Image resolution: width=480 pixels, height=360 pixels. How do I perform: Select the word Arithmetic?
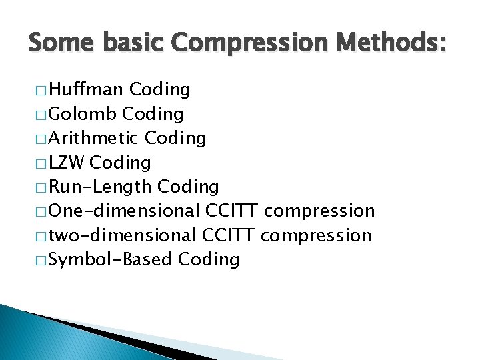click(94, 138)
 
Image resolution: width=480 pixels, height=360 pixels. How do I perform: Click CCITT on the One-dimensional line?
click(233, 211)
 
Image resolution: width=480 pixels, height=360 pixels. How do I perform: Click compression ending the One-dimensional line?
click(319, 211)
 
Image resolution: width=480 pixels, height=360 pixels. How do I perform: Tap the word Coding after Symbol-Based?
click(209, 259)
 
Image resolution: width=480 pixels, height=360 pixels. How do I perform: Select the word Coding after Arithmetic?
click(175, 138)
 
